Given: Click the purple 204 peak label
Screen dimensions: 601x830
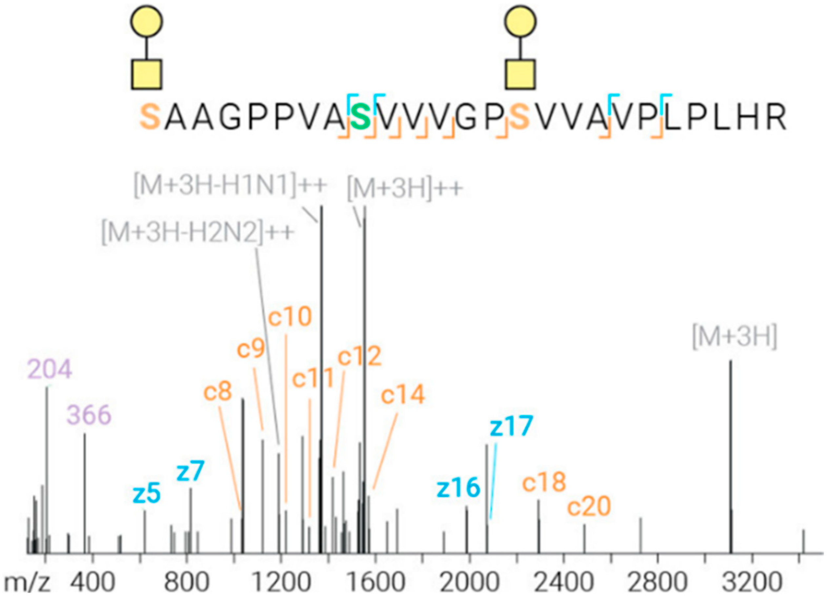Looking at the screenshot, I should click(50, 370).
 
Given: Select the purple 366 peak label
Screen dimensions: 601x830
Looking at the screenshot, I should click(89, 415).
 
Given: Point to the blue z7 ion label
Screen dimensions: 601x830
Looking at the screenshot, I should click(190, 472).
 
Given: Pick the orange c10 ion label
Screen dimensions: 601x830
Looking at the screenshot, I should click(290, 317).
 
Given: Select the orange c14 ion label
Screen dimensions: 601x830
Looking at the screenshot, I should click(403, 395).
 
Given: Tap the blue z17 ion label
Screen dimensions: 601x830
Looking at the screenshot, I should click(511, 427).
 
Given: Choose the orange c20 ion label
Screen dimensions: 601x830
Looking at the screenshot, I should click(589, 506).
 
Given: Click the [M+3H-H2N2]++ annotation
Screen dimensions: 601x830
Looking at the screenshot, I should click(198, 233).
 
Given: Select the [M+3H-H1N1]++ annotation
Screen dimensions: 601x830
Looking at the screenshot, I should click(230, 186).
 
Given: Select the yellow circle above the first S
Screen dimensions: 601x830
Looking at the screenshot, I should click(147, 21).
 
